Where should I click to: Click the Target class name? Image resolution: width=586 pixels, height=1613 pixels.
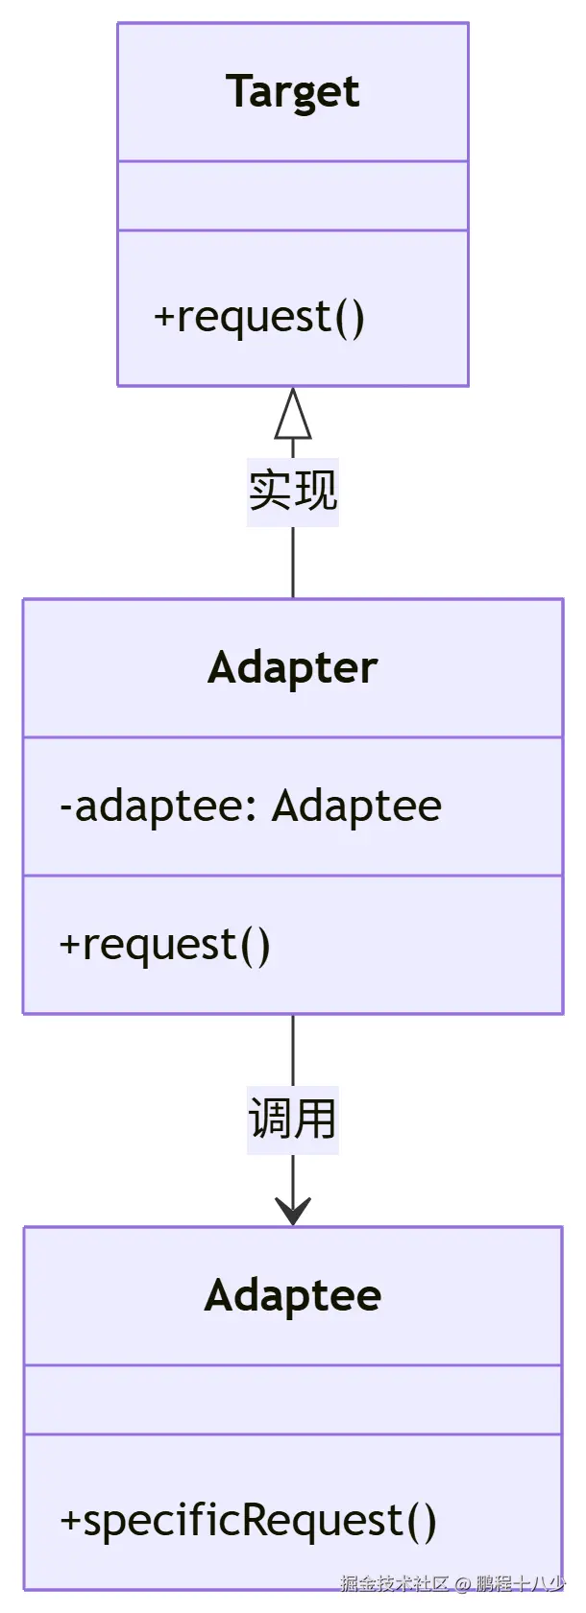point(292,92)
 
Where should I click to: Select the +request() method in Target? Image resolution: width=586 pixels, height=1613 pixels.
point(259,317)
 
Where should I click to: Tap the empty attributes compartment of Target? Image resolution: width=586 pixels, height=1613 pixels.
point(292,196)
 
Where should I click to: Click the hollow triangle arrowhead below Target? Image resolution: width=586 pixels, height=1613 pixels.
point(293,415)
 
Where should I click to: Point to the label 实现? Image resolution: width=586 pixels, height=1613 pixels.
point(292,491)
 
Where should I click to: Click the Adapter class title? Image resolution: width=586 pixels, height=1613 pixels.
point(292,668)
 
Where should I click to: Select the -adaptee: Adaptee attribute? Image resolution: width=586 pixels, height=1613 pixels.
point(250,806)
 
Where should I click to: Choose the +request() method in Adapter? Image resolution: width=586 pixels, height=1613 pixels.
point(165,945)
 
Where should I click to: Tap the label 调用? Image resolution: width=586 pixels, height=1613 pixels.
point(292,1119)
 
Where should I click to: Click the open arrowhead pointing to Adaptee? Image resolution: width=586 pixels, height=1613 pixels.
point(293,1212)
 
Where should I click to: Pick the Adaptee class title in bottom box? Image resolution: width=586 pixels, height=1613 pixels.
point(292,1295)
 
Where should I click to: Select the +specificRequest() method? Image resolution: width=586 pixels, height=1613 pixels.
point(248,1521)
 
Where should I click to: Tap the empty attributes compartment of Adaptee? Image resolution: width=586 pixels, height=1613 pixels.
point(292,1399)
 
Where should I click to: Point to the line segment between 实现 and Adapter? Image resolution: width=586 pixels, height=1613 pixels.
point(293,563)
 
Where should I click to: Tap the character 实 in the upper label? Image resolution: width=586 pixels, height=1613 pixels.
point(270,491)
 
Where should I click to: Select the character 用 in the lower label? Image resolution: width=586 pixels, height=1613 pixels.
point(315,1119)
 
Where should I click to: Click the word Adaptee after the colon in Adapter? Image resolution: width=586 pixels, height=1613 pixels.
point(356,806)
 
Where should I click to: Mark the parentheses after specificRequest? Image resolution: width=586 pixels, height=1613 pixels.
point(422,1521)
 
